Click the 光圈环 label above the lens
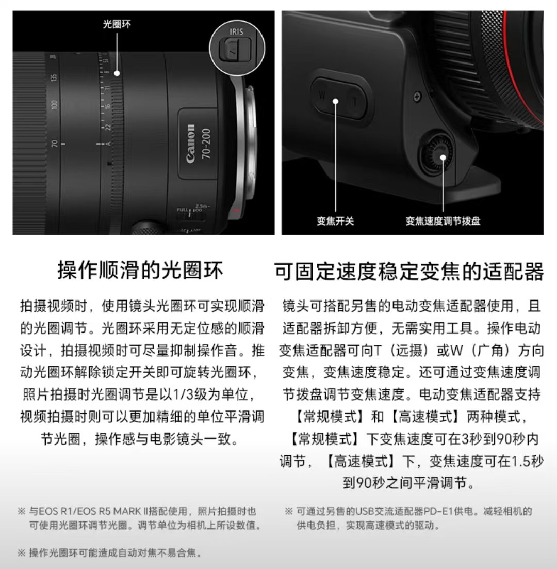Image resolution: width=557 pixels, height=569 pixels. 117,24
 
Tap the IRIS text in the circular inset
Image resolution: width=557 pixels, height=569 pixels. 236,32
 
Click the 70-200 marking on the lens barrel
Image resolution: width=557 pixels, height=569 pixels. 206,144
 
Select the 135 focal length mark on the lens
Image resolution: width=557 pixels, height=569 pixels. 54,77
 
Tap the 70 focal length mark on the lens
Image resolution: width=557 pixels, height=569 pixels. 54,144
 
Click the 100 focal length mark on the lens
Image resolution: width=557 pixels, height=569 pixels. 54,105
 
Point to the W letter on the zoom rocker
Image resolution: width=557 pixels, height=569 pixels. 321,95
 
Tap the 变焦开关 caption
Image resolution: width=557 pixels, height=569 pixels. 335,220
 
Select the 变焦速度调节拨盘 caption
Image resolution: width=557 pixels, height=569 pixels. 443,220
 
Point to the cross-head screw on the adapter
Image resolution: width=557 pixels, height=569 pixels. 417,97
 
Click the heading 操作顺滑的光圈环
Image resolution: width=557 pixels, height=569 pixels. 140,271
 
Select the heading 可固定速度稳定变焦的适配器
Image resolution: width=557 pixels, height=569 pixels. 409,272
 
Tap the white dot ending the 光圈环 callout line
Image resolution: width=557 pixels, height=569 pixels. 117,73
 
